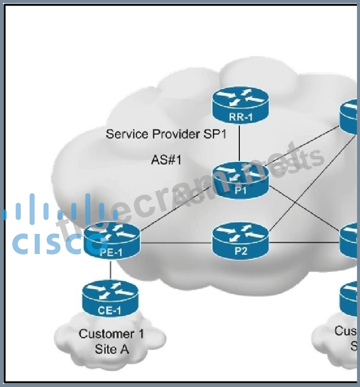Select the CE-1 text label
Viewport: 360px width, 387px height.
110,311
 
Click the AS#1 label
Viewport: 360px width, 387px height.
166,160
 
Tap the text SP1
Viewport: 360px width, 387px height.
216,134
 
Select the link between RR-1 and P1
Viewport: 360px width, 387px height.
240,143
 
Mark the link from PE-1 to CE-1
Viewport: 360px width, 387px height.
111,269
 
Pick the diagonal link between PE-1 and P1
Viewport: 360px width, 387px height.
177,210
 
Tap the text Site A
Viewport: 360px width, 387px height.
111,349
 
